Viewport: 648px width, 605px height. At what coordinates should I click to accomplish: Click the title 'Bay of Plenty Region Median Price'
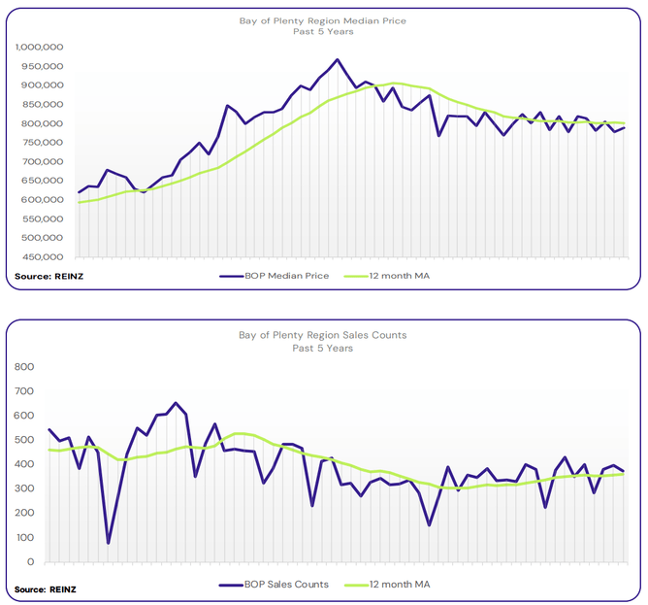coord(323,19)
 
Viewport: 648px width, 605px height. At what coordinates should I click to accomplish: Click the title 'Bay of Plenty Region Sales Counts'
coord(323,335)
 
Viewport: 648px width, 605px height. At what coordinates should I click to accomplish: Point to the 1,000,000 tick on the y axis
coord(40,48)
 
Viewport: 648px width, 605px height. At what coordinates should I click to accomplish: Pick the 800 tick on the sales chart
coord(26,367)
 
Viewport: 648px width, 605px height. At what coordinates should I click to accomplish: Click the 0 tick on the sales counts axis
coord(32,562)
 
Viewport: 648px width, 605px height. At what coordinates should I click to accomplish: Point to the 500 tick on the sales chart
coord(26,440)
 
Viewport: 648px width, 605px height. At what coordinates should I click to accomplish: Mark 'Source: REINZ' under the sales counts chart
coord(46,589)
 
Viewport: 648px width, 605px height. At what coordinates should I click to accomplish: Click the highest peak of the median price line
coord(337,59)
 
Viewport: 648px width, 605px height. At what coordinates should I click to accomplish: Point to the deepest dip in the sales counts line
coord(108,543)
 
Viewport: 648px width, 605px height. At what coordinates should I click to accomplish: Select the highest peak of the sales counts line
coord(176,403)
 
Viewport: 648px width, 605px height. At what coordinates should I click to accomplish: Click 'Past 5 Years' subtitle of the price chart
coord(323,31)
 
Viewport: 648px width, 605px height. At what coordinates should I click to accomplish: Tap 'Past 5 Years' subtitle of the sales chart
coord(323,347)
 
